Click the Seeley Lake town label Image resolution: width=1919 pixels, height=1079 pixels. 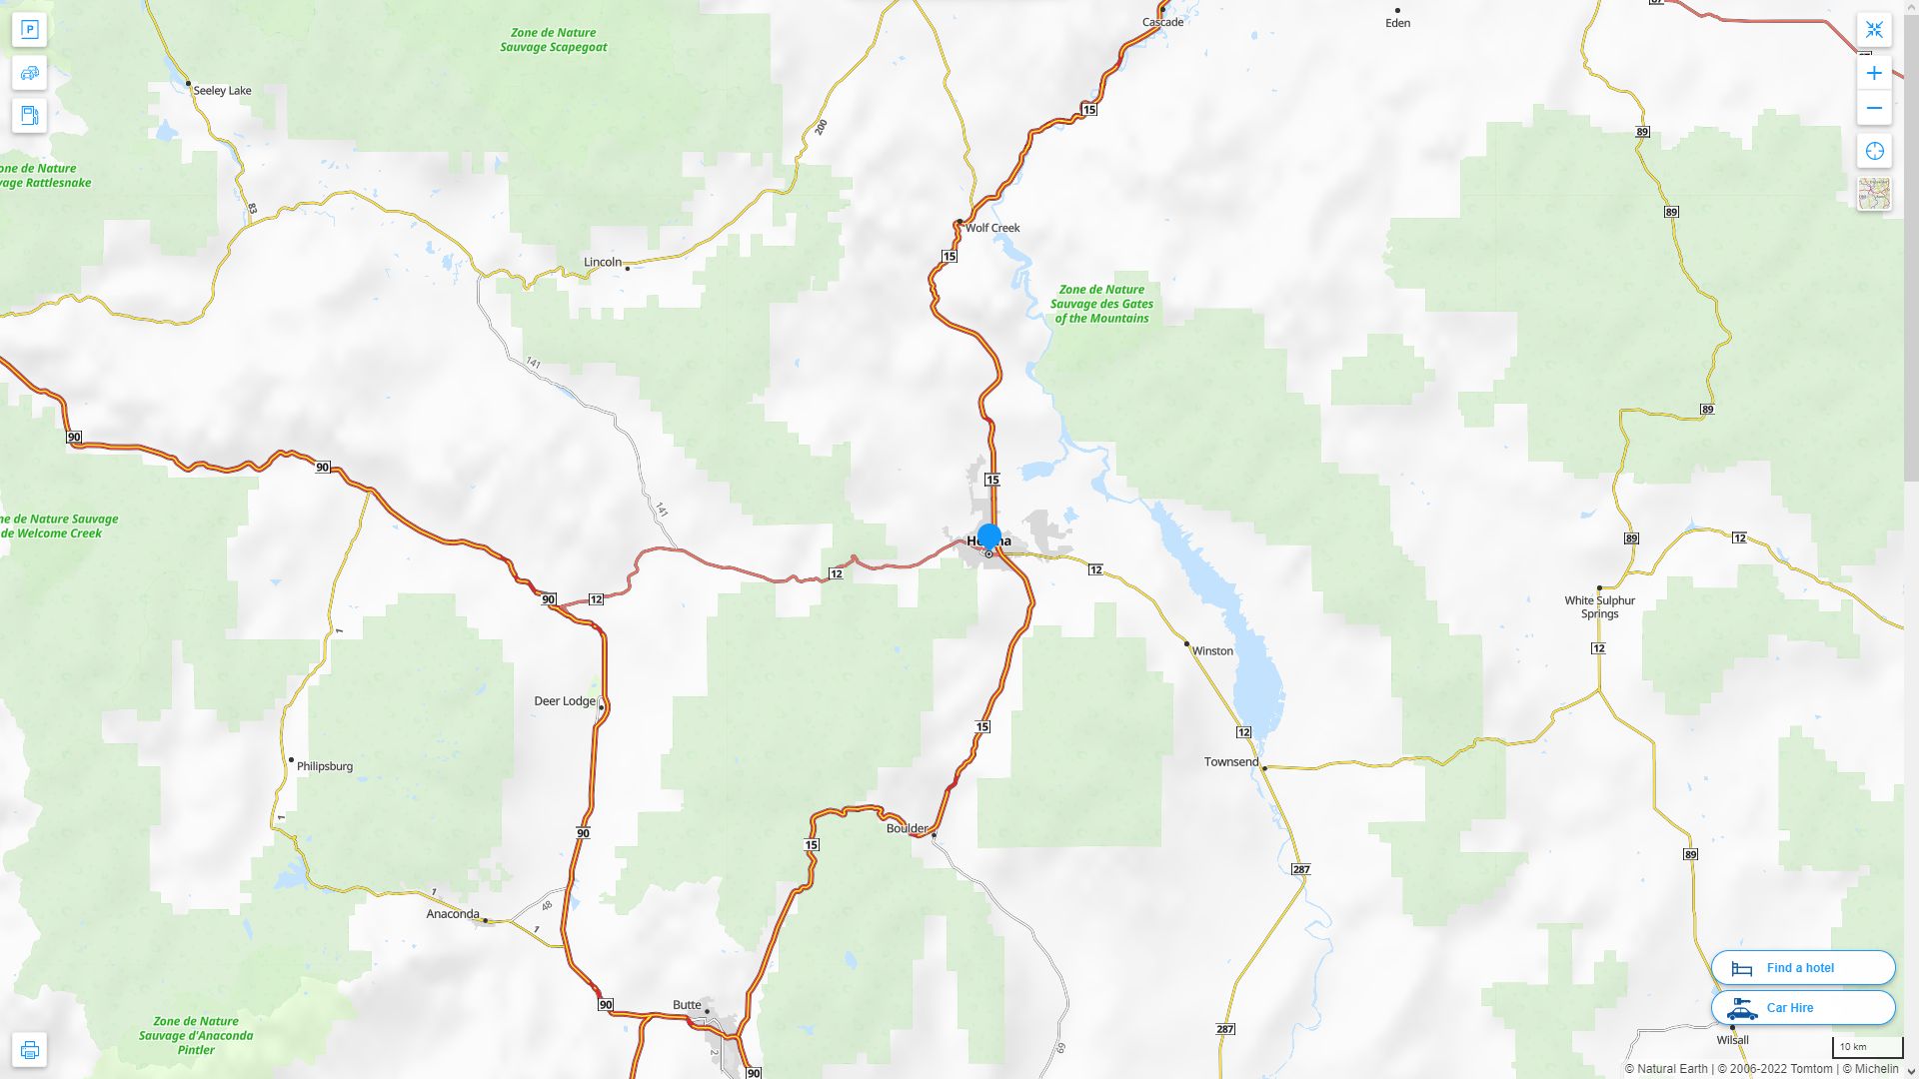[x=222, y=91]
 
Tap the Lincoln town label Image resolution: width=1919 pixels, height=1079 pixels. [x=603, y=263]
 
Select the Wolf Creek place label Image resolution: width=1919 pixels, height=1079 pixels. [x=992, y=228]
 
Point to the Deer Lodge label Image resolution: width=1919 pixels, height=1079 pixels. [x=565, y=701]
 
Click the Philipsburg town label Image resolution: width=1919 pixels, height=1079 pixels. [x=325, y=766]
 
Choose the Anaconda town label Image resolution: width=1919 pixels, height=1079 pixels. [x=453, y=914]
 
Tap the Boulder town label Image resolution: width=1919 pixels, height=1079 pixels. [x=907, y=828]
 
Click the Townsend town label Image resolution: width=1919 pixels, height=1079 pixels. [x=1231, y=762]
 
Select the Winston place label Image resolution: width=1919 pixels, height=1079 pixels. [x=1212, y=651]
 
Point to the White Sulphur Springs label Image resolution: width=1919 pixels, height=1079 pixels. [x=1599, y=607]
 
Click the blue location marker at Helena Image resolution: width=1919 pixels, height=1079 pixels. [x=989, y=538]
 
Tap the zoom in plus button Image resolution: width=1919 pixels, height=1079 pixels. [x=1874, y=73]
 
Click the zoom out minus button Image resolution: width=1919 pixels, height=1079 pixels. [x=1874, y=108]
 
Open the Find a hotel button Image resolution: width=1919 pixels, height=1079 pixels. [x=1802, y=968]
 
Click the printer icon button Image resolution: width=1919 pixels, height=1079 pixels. [x=29, y=1050]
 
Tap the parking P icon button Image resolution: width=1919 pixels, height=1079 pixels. [x=29, y=30]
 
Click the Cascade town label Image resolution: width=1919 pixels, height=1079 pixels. [x=1162, y=22]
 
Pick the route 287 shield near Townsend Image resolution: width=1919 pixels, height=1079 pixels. [x=1300, y=869]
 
